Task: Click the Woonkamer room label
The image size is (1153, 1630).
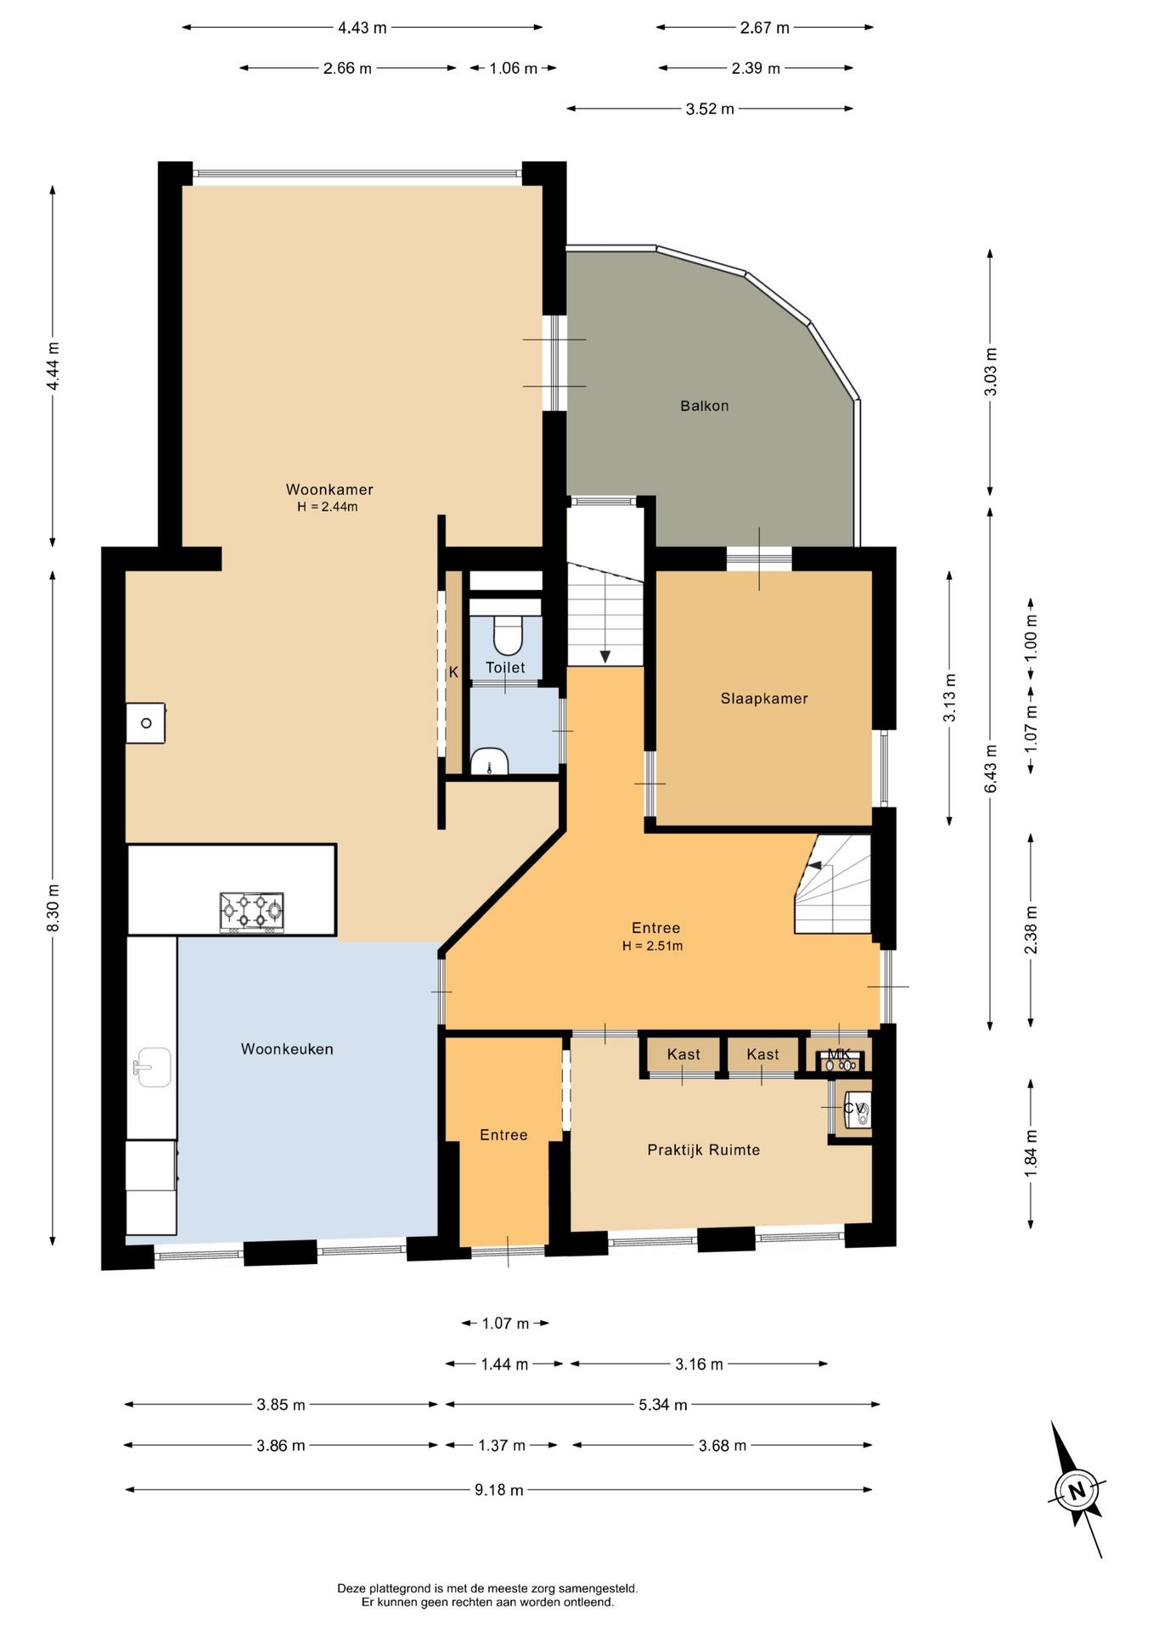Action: pos(329,490)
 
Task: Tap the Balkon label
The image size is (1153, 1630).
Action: pos(705,406)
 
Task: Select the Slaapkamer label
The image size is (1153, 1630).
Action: pos(764,699)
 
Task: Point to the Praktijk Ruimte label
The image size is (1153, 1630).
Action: pos(704,1150)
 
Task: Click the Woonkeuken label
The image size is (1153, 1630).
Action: pos(287,1049)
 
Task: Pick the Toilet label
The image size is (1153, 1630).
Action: pos(505,668)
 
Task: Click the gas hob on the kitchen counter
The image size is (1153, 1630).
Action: pos(251,912)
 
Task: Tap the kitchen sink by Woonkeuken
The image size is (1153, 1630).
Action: pos(153,1067)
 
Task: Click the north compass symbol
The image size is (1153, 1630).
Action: pos(1077,1491)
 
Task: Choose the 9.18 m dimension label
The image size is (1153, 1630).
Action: pos(499,1490)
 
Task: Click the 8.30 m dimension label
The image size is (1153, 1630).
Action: pos(53,908)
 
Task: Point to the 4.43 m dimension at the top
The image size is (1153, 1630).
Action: pos(363,28)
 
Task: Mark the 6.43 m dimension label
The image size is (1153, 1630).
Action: pos(991,768)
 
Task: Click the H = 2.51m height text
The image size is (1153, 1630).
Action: pos(653,946)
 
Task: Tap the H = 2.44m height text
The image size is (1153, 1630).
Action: pos(328,507)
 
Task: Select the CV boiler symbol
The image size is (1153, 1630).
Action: pos(856,1109)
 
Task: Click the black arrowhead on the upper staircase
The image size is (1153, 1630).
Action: pos(605,656)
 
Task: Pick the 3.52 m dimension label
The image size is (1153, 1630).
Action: pos(710,109)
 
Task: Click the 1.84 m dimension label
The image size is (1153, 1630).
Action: pos(1031,1154)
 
